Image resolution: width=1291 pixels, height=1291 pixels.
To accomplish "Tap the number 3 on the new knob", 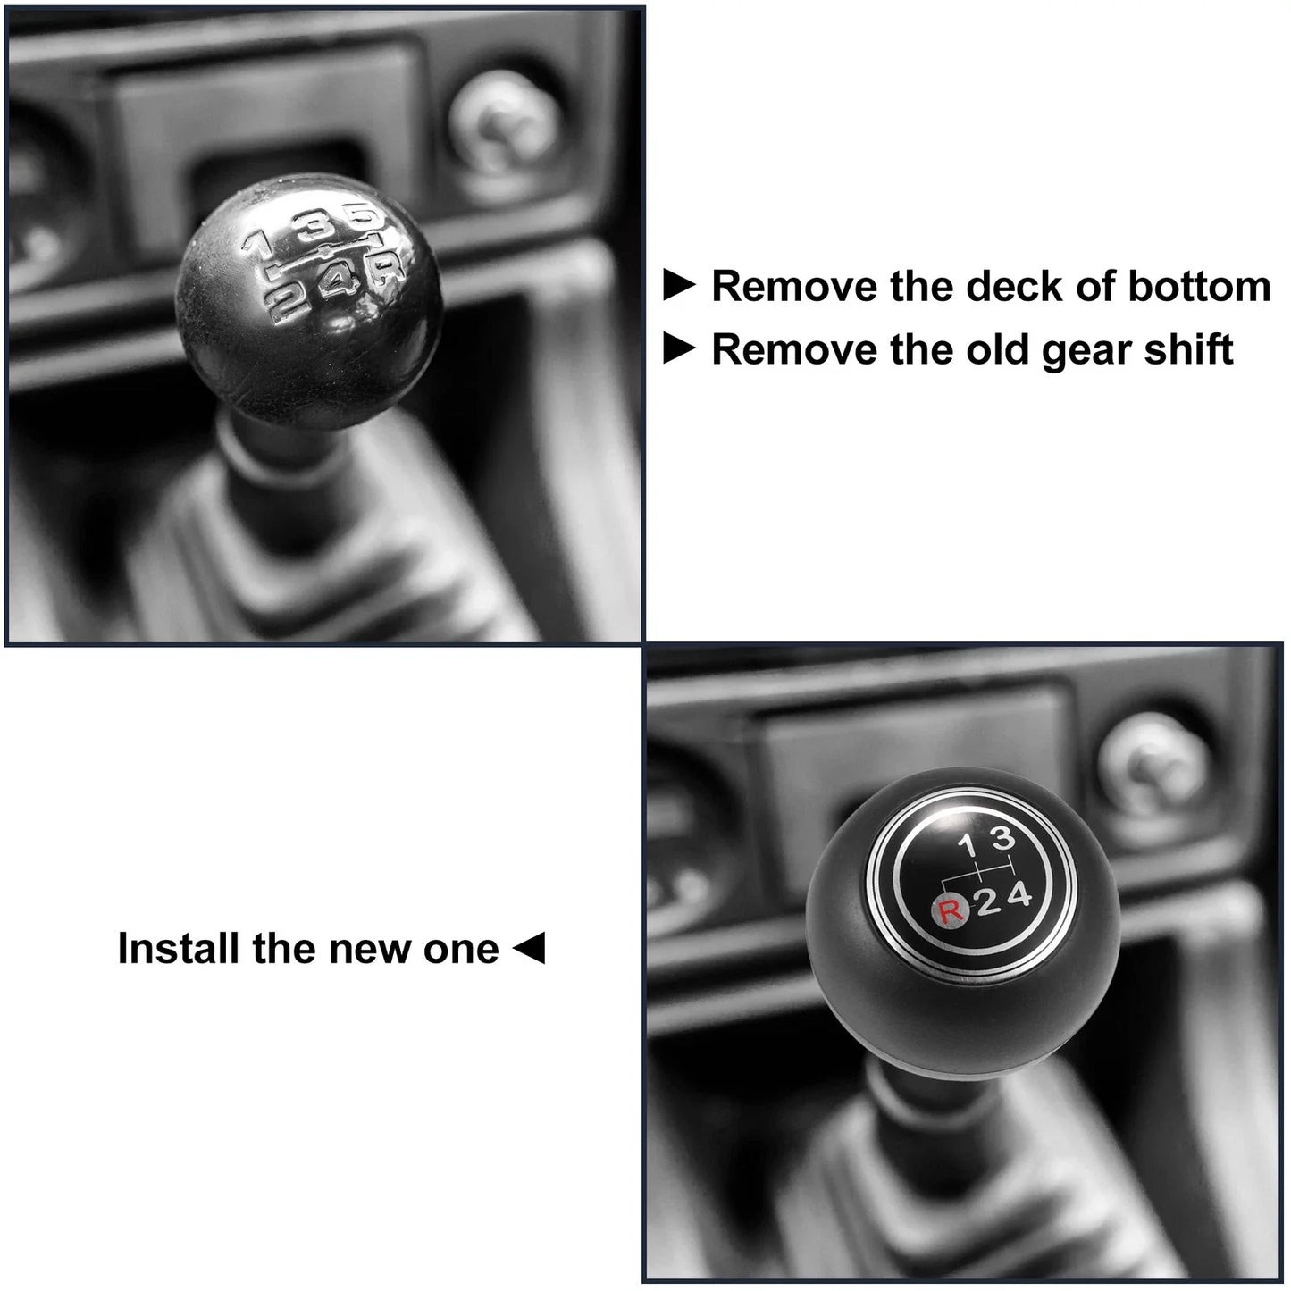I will click(1002, 838).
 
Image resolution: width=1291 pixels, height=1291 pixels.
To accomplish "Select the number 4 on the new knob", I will click(1019, 895).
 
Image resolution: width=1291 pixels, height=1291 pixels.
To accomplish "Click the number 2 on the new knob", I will click(988, 903).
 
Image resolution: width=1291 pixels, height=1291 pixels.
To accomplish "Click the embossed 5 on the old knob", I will click(364, 217).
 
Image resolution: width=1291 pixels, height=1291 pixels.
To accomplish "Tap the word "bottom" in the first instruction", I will click(1199, 287).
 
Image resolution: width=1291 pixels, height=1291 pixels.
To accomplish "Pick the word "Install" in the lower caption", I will click(179, 948).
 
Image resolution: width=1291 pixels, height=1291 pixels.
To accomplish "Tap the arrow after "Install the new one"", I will click(529, 948).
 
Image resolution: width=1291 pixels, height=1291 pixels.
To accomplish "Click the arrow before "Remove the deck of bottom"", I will click(679, 286).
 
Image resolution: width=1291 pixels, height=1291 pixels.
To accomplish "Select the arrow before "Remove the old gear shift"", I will click(679, 349).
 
